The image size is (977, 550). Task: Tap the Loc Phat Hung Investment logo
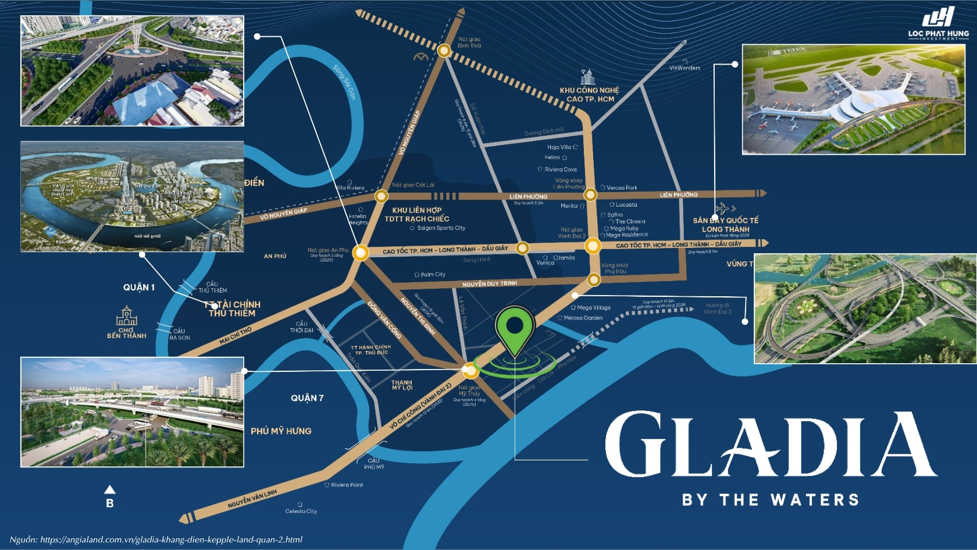[938, 23]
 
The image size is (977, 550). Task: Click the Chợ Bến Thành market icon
[126, 317]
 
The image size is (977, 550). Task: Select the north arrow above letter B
[109, 489]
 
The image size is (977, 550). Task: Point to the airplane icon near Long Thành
[723, 208]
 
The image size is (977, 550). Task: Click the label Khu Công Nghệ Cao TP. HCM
[590, 94]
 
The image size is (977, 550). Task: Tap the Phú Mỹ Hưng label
[281, 431]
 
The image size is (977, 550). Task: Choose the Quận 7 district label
[307, 398]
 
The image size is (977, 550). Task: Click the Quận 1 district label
[138, 288]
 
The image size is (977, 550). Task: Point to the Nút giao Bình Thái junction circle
[444, 51]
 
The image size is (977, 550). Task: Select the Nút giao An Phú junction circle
[361, 253]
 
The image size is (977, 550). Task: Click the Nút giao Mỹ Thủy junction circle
[470, 370]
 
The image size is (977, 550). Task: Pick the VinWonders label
[684, 68]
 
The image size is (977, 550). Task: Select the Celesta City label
[301, 511]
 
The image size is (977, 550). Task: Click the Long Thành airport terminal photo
[853, 99]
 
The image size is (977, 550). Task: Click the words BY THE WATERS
[770, 500]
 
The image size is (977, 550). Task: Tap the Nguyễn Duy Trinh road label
[489, 284]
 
